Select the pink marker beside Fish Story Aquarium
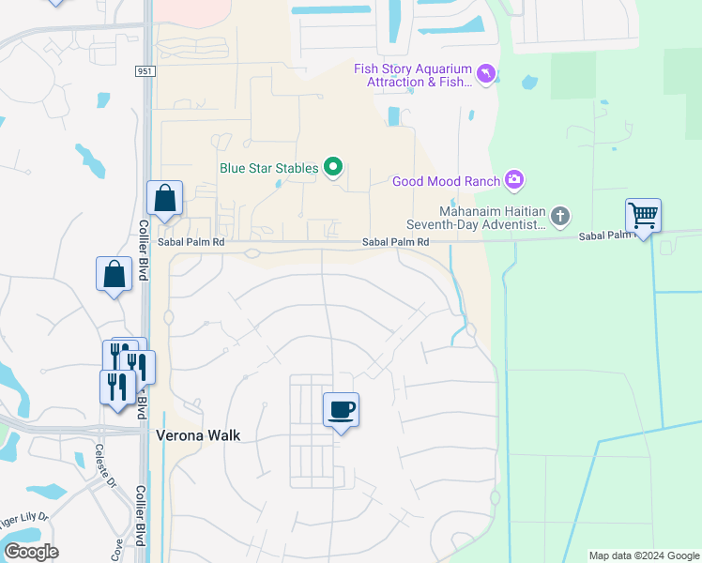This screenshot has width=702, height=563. point(485,73)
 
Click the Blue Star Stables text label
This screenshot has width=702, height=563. point(268,169)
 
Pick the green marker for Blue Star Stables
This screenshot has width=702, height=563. point(332,168)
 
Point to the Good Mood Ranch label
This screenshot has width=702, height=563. point(445,181)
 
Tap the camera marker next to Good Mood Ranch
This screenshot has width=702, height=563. point(513,179)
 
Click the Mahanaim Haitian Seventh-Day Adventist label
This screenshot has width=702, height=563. point(476,218)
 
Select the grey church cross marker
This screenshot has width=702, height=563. point(559,218)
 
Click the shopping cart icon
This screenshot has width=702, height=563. point(643,216)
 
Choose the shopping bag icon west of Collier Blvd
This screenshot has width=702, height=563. point(114,274)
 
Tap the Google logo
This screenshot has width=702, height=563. point(31,552)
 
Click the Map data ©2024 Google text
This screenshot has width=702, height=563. point(643,555)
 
